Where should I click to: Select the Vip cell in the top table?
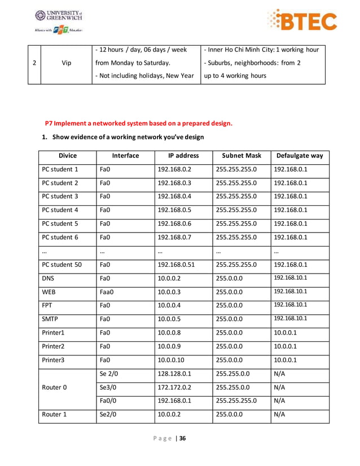click(66, 63)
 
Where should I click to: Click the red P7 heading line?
click(138, 124)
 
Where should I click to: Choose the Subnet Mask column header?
click(241, 155)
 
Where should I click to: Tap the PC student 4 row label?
click(60, 210)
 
